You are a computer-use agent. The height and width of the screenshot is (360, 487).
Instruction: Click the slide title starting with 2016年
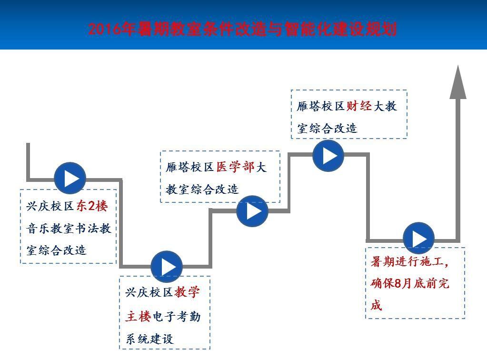point(242,29)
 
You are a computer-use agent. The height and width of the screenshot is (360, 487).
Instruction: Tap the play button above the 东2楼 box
point(70,179)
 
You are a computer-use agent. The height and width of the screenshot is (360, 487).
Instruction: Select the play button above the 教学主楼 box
point(167,266)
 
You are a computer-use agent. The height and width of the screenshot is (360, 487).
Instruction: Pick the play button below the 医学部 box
point(252,210)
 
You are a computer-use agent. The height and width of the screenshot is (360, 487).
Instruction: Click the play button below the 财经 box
point(328,155)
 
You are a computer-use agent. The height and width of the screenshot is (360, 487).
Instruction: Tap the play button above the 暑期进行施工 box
point(418,239)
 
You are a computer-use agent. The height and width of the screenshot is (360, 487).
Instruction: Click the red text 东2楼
point(92,206)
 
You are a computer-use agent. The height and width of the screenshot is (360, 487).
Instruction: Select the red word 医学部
point(236,167)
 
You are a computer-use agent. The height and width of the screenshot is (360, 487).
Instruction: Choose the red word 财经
point(359,106)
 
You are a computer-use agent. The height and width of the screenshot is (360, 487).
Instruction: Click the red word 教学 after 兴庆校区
point(187,292)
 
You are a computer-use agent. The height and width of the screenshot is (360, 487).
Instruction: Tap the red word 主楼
point(138,316)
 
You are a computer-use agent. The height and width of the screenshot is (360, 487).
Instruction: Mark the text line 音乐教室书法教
point(69,229)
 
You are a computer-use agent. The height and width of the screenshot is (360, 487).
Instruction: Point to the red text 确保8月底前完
point(410,284)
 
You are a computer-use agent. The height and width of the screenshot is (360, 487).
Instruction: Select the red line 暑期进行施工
point(410,261)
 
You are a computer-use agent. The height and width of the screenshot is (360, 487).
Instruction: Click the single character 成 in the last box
point(377,305)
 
